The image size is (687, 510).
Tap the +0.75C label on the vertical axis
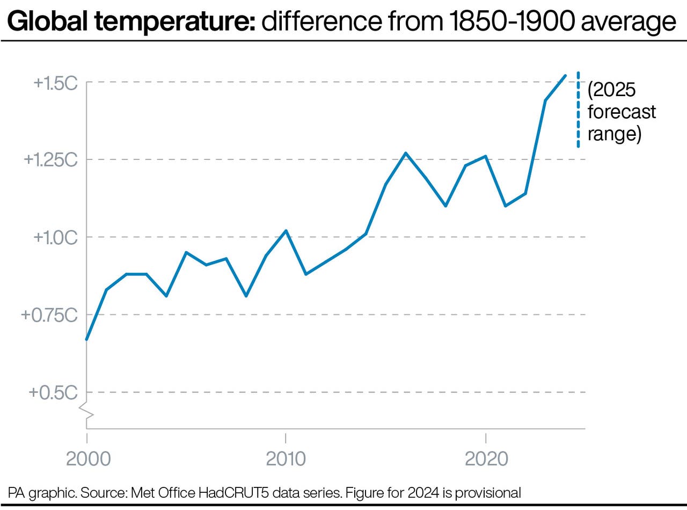49,315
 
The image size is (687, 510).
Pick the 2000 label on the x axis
87,459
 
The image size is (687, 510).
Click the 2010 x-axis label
286,459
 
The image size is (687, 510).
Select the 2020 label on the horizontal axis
486,459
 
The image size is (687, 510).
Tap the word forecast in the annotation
622,112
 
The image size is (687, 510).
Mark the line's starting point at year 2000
86,340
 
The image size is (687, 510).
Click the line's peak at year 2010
286,231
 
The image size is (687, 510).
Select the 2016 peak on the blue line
406,153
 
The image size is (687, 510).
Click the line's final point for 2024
566,76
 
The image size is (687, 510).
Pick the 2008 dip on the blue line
246,296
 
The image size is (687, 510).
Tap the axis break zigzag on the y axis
86,411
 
